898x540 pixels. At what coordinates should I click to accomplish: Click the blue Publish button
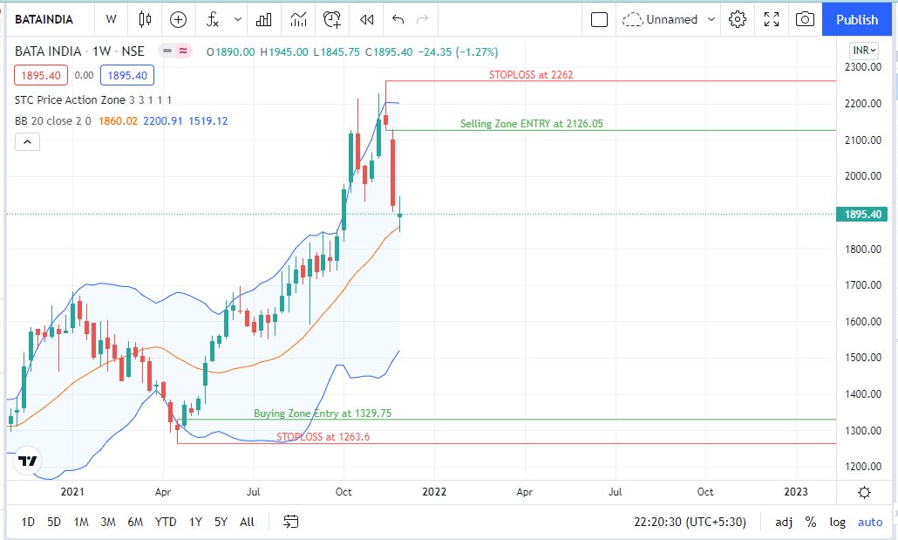point(857,19)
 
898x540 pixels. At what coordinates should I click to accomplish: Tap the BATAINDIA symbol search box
point(44,19)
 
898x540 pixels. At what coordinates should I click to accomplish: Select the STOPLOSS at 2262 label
point(531,75)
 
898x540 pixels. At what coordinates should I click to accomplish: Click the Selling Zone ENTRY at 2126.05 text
point(531,124)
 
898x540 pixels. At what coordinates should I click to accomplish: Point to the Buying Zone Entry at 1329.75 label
point(323,414)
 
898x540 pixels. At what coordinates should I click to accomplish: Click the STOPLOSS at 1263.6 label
point(323,437)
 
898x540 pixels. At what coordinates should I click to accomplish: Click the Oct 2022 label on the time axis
point(705,492)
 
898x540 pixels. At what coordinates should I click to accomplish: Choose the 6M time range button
point(135,522)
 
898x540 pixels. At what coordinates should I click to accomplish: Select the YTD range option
point(166,522)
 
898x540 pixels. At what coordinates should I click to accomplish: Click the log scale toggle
point(838,522)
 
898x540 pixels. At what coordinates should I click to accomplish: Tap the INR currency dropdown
point(863,51)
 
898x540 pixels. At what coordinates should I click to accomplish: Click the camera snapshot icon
point(806,19)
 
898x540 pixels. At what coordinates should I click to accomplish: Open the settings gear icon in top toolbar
point(738,19)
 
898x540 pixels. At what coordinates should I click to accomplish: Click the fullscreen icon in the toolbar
point(772,19)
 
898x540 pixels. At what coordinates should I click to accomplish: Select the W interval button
point(111,19)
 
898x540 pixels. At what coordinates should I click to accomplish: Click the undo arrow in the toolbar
point(398,19)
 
